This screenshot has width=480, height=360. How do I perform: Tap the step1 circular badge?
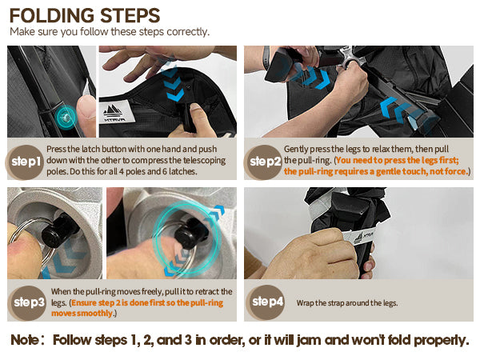pyautogui.click(x=26, y=162)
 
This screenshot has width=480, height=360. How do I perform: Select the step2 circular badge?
pyautogui.click(x=264, y=162)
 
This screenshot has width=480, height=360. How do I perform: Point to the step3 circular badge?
pyautogui.click(x=27, y=302)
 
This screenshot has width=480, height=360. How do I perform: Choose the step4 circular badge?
pyautogui.click(x=266, y=302)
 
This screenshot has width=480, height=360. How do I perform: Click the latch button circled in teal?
pyautogui.click(x=66, y=117)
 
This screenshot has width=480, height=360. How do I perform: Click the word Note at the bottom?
pyautogui.click(x=25, y=340)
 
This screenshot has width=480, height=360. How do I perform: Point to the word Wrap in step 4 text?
pyautogui.click(x=305, y=303)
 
